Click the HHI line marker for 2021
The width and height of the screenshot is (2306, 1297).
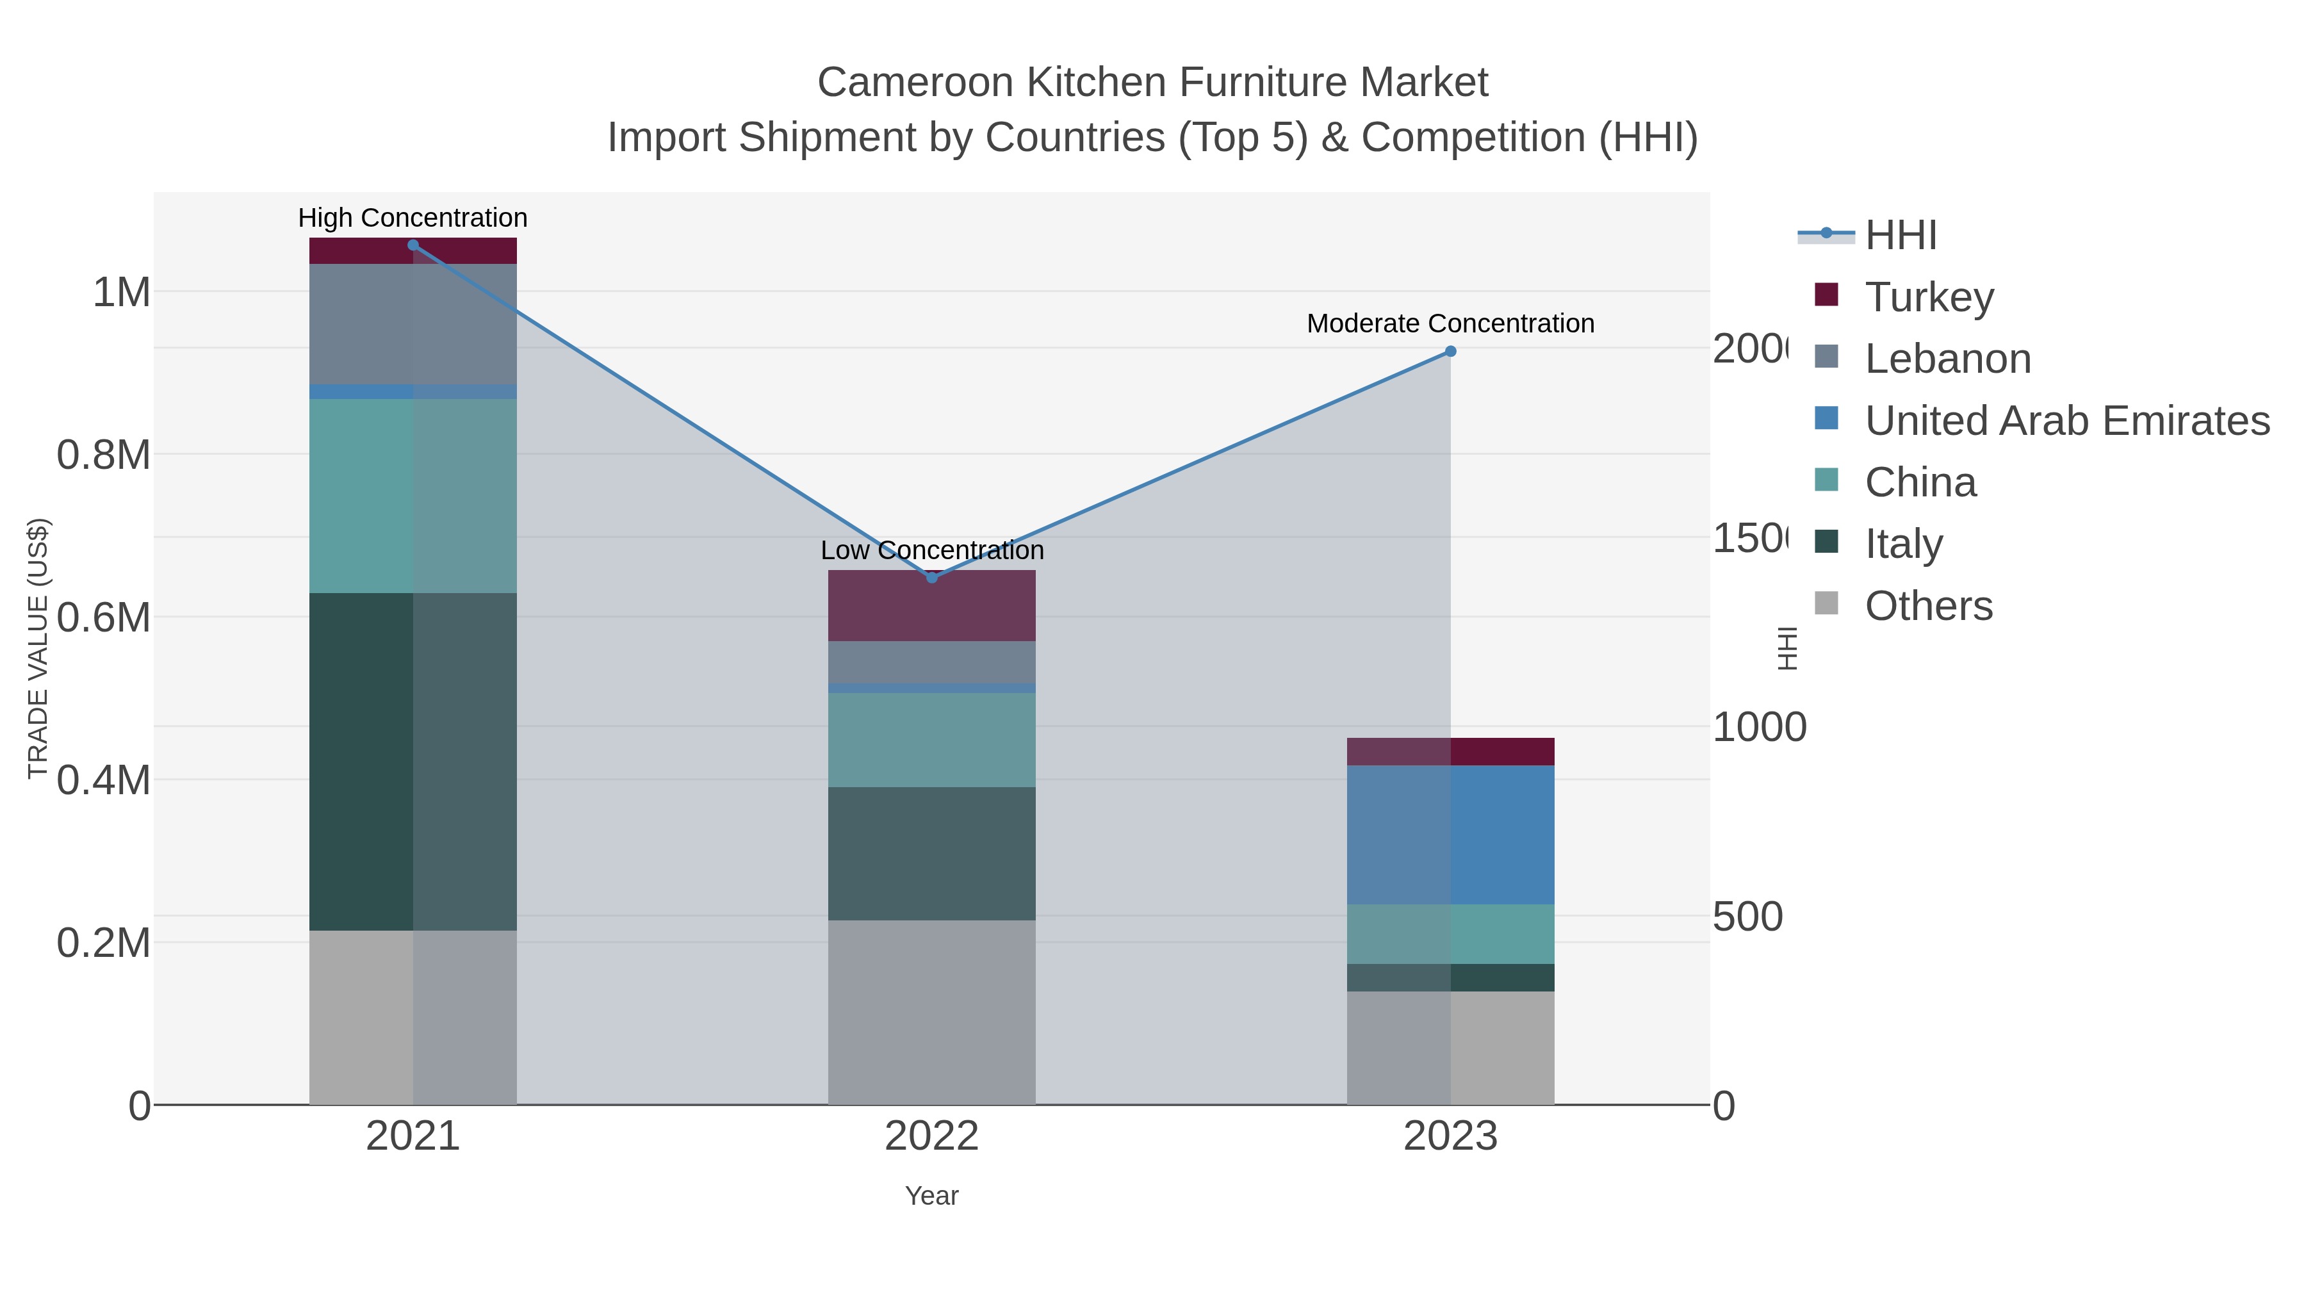[413, 245]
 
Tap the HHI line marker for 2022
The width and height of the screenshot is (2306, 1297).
[932, 577]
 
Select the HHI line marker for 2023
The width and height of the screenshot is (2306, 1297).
[1451, 352]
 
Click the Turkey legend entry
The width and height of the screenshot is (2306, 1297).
[1929, 297]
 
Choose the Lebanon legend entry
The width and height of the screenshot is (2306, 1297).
[1947, 358]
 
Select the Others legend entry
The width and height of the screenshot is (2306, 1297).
[1928, 606]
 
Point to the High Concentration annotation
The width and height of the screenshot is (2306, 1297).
[413, 218]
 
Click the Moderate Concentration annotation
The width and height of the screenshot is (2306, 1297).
[1450, 323]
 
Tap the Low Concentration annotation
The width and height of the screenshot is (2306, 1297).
[932, 550]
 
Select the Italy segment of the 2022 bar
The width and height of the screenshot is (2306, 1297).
[932, 853]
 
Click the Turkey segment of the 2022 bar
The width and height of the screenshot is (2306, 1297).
[932, 605]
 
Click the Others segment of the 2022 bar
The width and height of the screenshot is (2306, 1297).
[932, 1011]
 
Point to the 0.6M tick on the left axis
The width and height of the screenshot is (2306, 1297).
[104, 617]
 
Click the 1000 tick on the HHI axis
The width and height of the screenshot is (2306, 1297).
[1759, 727]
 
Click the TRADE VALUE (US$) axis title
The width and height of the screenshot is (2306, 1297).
[38, 648]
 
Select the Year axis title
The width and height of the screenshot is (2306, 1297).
[932, 1196]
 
